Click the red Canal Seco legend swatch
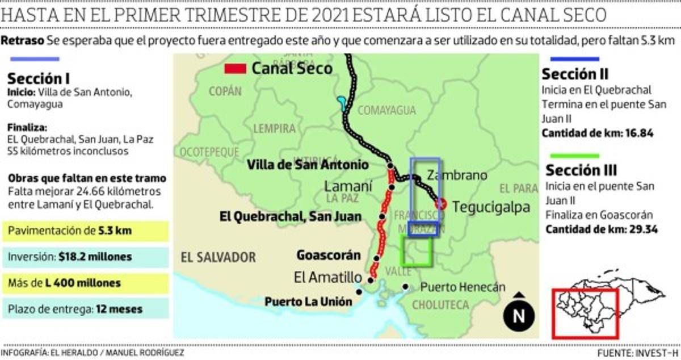click(x=235, y=69)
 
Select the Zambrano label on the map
click(x=456, y=175)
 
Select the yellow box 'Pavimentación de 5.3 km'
click(x=85, y=231)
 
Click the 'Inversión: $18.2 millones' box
click(x=85, y=257)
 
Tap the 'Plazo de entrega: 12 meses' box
click(x=85, y=309)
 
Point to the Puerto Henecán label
click(x=463, y=287)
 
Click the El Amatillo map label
click(x=328, y=278)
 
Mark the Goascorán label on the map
click(x=328, y=255)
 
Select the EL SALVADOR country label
click(x=218, y=257)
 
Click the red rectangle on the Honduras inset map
click(x=585, y=313)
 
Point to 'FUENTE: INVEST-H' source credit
click(x=637, y=353)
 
